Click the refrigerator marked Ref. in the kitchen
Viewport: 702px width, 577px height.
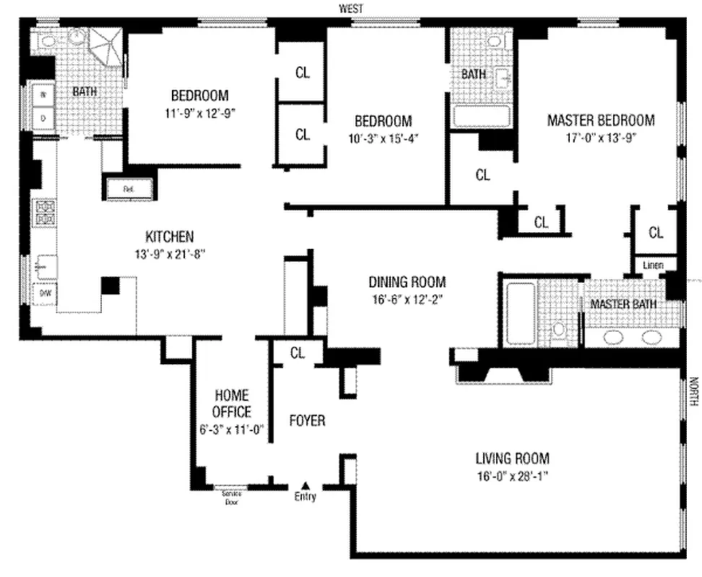click(129, 190)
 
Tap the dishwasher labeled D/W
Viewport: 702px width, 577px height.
click(44, 293)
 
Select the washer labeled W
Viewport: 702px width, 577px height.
click(43, 94)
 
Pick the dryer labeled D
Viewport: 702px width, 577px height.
click(43, 118)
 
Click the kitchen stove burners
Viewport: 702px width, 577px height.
click(45, 212)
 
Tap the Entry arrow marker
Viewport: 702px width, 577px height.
click(305, 485)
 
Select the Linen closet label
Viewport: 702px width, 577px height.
click(654, 265)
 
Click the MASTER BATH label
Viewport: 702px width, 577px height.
click(623, 304)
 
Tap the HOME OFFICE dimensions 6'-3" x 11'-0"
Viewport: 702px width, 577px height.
click(232, 428)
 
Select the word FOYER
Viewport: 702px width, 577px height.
click(307, 420)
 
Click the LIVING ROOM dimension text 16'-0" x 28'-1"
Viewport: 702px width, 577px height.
click(511, 475)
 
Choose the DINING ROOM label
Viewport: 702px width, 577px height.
click(407, 282)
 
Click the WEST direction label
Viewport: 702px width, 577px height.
click(351, 8)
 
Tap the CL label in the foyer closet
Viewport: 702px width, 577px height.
click(298, 353)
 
